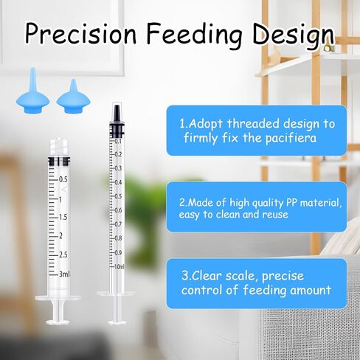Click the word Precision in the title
coord(81,33)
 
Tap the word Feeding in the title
coord(195,35)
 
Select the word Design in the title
coord(294,35)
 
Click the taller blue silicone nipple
coord(33,91)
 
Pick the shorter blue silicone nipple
coord(73,96)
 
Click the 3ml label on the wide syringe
coord(64,274)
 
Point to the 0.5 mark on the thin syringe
coord(118,196)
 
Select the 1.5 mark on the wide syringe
coord(63,217)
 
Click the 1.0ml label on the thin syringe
coord(119,266)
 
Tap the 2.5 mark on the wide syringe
coord(63,255)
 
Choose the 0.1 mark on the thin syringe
coord(118,141)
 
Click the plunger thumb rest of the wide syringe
coord(58,322)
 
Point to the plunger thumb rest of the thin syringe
coord(117,322)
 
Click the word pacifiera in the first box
coord(291,139)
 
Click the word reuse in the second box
coord(275,215)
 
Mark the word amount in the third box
coord(311,291)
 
